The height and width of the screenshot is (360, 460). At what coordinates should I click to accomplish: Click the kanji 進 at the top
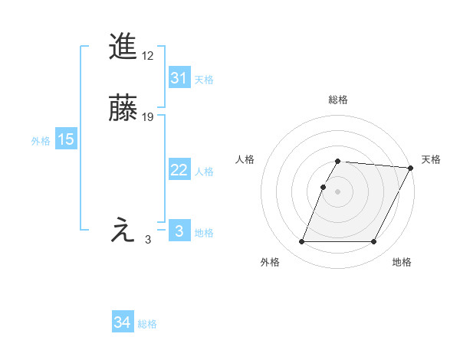(123, 47)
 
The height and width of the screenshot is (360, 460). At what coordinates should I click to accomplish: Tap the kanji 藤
(123, 108)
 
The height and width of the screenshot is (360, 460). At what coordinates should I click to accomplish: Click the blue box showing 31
(179, 78)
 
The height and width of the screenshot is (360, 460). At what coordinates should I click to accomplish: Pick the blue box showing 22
(179, 170)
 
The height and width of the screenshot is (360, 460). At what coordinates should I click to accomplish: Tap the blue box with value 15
(65, 139)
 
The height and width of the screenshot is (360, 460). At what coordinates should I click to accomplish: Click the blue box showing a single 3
(179, 231)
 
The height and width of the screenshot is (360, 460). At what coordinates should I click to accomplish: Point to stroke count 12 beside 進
(148, 56)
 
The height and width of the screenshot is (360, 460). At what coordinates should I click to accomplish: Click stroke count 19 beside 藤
(148, 117)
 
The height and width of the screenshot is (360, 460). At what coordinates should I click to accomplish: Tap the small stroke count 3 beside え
(148, 240)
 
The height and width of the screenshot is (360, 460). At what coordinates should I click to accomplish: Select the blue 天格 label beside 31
(204, 79)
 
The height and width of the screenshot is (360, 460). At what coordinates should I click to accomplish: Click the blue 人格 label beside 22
(204, 172)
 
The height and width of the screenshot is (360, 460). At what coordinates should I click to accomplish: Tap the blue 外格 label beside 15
(41, 141)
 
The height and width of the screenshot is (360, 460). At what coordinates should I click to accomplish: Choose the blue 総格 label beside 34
(147, 325)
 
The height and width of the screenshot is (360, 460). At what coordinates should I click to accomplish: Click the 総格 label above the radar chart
(337, 100)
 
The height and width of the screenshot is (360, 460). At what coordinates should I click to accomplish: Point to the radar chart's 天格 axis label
(431, 159)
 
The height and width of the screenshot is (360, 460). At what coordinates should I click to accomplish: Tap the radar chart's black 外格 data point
(301, 242)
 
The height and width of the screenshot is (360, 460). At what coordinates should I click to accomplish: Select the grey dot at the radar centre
(337, 191)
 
